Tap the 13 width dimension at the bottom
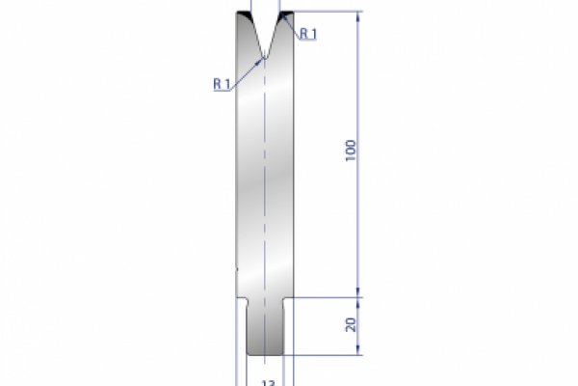coord(266,382)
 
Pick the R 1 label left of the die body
coord(222,84)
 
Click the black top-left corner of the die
coord(244,17)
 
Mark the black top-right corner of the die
coord(285,17)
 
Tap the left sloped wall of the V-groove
coord(253,34)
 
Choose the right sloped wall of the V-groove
coord(275,34)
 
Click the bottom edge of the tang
coord(265,354)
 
